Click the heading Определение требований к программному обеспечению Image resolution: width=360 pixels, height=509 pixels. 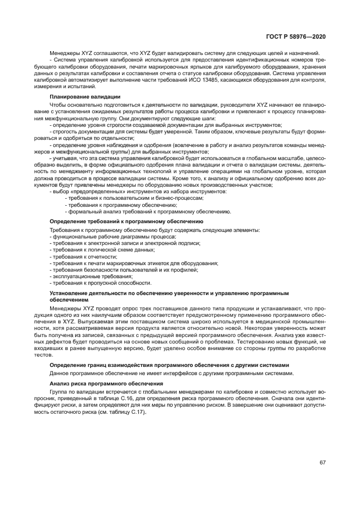[126, 222]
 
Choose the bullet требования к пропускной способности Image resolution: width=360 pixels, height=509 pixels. [101, 283]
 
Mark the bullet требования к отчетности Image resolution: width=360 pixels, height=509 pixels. [84, 256]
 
